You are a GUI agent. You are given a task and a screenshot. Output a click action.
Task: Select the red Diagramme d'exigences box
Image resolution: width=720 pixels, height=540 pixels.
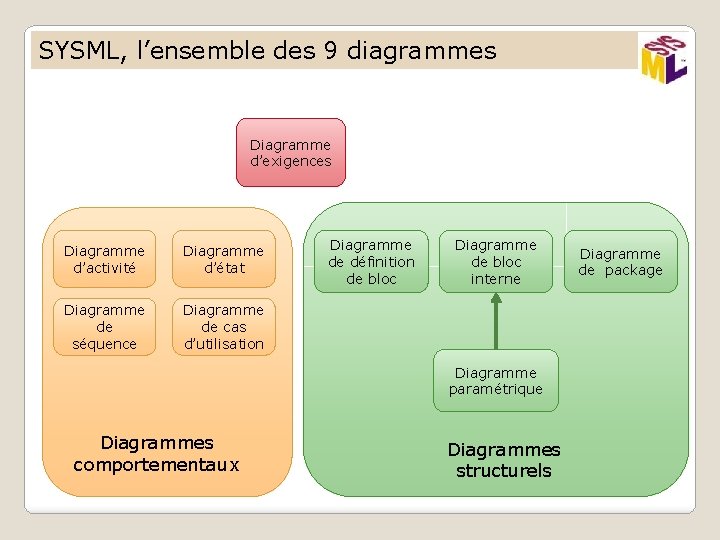point(290,153)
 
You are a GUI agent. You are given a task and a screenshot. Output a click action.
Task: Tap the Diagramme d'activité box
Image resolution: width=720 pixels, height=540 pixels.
point(104,259)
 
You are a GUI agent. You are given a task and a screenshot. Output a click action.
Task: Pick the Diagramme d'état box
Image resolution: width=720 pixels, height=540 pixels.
point(223,259)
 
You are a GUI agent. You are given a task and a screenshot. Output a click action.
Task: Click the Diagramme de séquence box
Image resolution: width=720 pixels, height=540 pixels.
point(104,327)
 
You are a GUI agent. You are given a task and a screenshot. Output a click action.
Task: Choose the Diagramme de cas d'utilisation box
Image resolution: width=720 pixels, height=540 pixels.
point(223,327)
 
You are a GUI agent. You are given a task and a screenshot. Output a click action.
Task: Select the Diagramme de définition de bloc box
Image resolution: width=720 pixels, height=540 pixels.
point(371,262)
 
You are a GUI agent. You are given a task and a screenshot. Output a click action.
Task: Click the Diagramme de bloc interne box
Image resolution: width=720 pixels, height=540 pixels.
point(495,262)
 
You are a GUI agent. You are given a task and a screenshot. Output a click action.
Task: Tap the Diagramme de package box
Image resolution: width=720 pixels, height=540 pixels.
point(620,262)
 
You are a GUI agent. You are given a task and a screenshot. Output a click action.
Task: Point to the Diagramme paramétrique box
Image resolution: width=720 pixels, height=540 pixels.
point(495,381)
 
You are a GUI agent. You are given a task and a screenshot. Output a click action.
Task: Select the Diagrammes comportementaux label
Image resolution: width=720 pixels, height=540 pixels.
point(157,453)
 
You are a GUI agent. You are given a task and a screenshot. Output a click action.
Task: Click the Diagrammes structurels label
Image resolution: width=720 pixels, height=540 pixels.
point(503,461)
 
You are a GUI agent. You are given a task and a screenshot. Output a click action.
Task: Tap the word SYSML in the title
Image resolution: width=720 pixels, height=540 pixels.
point(76,50)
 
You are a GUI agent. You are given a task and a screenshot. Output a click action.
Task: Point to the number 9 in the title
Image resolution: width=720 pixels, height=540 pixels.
point(330,50)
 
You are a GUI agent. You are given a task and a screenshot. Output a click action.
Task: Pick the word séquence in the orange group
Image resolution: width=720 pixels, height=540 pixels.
point(104,344)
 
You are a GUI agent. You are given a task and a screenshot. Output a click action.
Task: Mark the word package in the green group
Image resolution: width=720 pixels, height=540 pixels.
point(633,270)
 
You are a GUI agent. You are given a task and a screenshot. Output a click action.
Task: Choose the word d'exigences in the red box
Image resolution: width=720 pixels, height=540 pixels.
point(290,161)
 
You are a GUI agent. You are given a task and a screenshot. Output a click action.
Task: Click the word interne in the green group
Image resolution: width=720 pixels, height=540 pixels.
point(495,279)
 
